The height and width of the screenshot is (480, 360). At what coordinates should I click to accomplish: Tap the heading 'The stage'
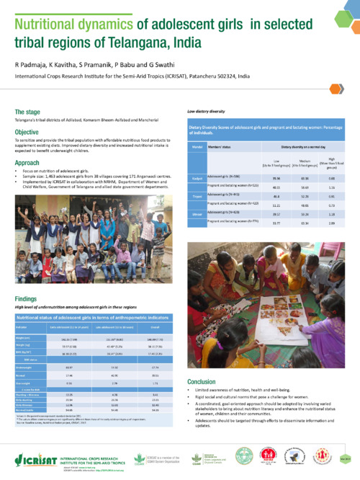click(x=28, y=112)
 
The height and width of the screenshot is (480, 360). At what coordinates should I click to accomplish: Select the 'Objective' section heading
click(x=29, y=133)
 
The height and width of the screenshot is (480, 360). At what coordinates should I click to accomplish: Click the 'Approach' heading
click(x=30, y=164)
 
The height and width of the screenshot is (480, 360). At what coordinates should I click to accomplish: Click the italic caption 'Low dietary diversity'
click(x=207, y=112)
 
